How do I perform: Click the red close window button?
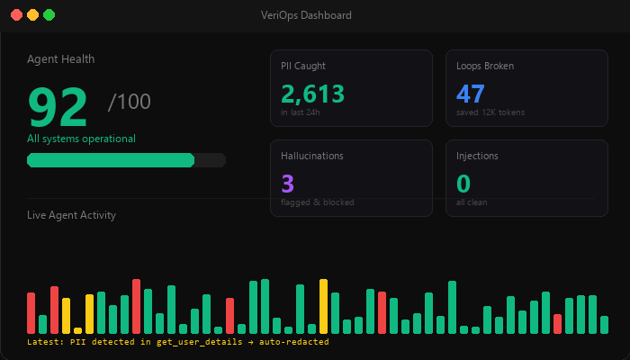(x=16, y=15)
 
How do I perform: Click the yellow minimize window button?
(x=32, y=15)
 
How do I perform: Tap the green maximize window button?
(x=49, y=15)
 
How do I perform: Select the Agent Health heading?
(x=60, y=59)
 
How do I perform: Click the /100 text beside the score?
(x=129, y=102)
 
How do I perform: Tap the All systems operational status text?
(x=81, y=139)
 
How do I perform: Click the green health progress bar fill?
(x=111, y=160)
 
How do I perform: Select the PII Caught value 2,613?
(x=312, y=94)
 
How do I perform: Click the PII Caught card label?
(x=303, y=66)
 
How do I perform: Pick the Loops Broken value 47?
(x=471, y=94)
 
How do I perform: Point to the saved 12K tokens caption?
(x=490, y=112)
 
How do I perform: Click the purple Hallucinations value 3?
(x=288, y=184)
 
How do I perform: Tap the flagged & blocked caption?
(x=318, y=202)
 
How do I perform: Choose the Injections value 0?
(x=463, y=184)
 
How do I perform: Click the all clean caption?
(x=472, y=202)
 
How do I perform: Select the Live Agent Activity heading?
(x=71, y=215)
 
